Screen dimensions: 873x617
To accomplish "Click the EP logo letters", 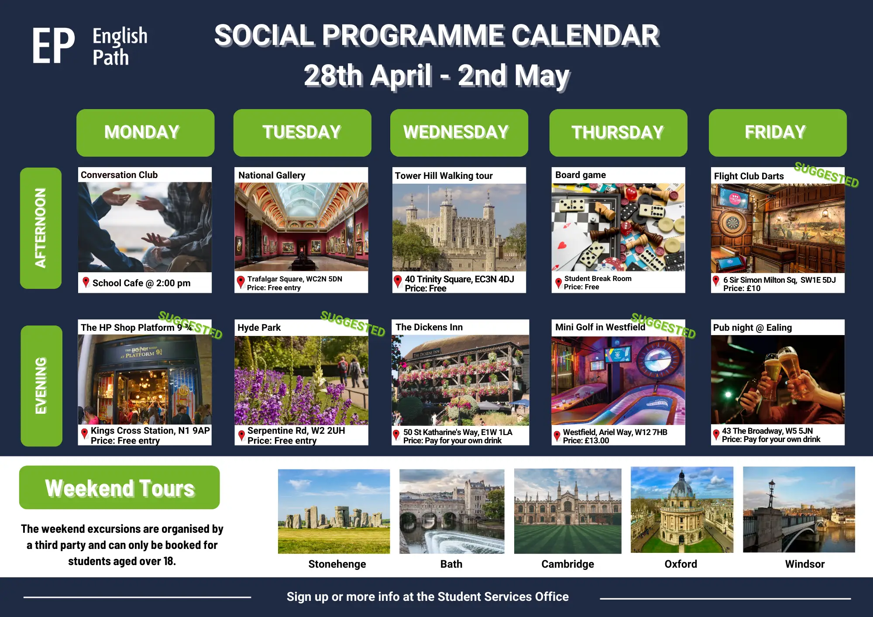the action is pyautogui.click(x=53, y=46).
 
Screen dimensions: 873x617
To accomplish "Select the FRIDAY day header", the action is pyautogui.click(x=778, y=133).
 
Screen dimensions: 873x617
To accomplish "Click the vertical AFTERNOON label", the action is pyautogui.click(x=41, y=228).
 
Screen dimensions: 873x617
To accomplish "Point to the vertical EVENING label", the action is pyautogui.click(x=41, y=386).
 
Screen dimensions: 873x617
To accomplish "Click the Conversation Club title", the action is pyautogui.click(x=119, y=175).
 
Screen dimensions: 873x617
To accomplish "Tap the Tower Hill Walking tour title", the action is pyautogui.click(x=443, y=176).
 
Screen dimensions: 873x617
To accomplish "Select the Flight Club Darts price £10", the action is pyautogui.click(x=742, y=288).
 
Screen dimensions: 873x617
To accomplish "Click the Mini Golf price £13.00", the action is pyautogui.click(x=586, y=441).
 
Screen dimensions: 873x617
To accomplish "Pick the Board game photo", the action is pyautogui.click(x=618, y=227).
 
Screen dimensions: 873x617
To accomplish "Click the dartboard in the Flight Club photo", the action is pyautogui.click(x=733, y=224).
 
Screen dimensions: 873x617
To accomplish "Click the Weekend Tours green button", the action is pyautogui.click(x=120, y=487).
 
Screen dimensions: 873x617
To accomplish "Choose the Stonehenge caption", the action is pyautogui.click(x=337, y=564).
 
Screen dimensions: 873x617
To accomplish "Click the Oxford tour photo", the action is pyautogui.click(x=682, y=510).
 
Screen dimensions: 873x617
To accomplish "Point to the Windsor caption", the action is pyautogui.click(x=805, y=564).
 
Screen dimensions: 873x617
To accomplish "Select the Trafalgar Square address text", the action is pyautogui.click(x=295, y=279).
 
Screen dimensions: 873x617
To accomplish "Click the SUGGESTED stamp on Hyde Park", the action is pyautogui.click(x=353, y=324).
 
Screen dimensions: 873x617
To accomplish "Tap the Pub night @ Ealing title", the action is pyautogui.click(x=752, y=328).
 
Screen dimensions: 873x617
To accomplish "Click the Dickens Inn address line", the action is pyautogui.click(x=457, y=432).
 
